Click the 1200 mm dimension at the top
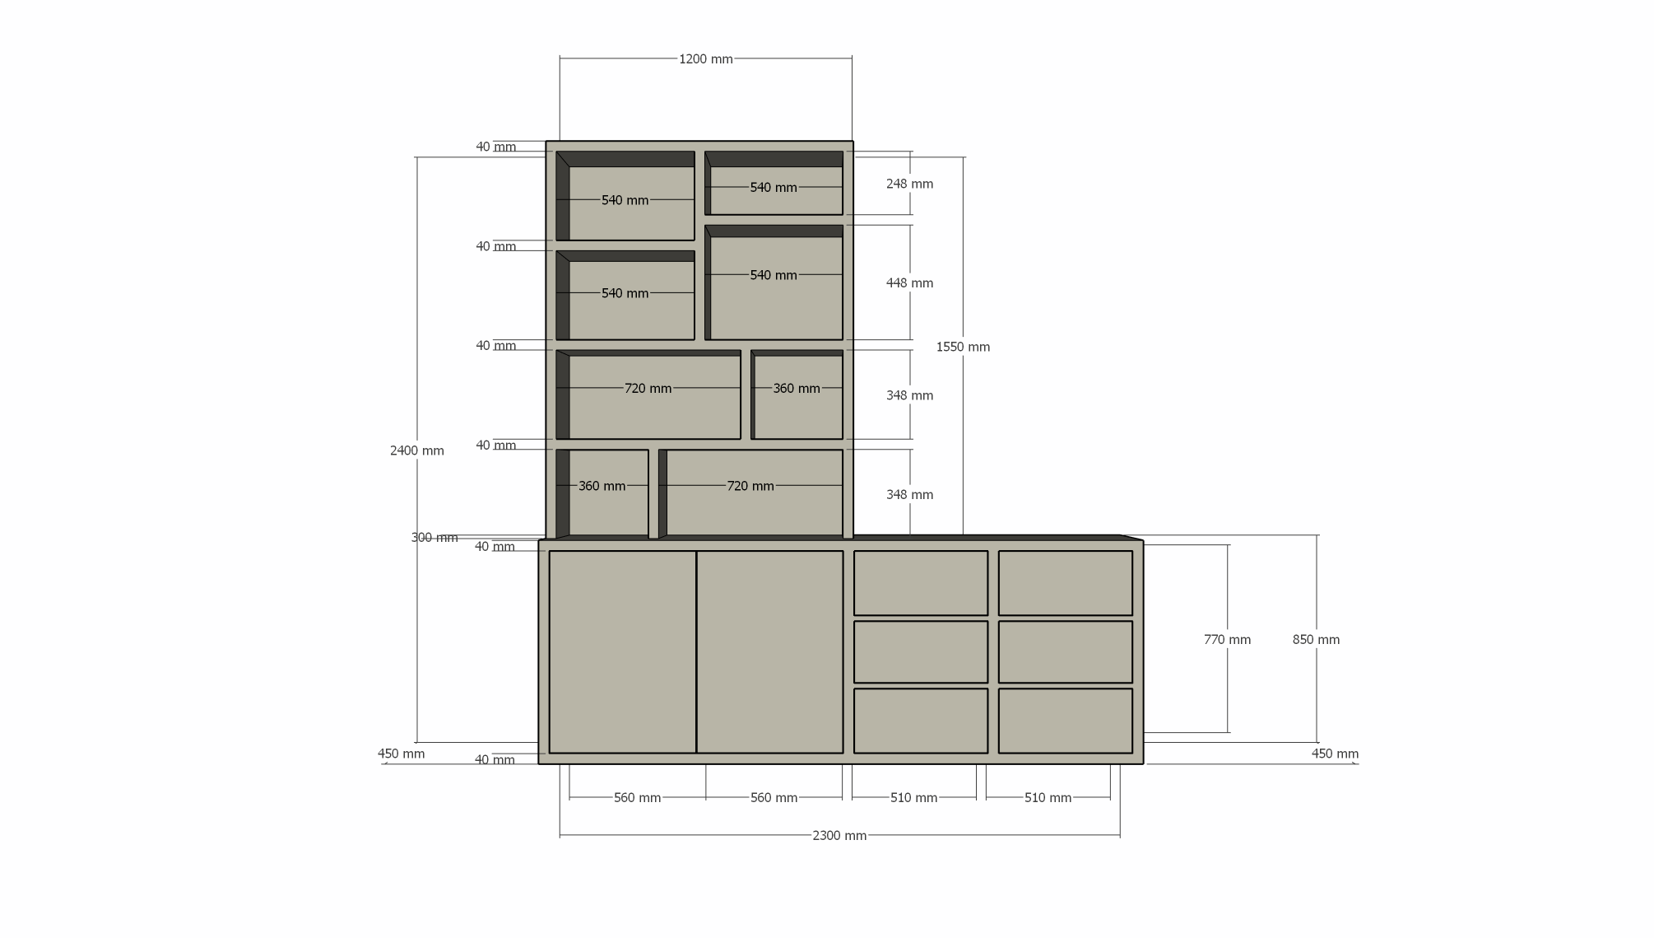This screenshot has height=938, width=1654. coord(705,59)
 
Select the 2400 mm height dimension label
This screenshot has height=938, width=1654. coord(416,450)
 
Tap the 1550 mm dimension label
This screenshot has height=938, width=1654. coord(963,347)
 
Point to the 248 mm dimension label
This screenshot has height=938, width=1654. coord(909,184)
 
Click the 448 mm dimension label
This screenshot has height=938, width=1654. coord(909,283)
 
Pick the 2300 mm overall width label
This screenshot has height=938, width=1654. coord(839,836)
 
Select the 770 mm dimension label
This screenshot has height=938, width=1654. coord(1227,640)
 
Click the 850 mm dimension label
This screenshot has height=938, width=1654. coord(1316,640)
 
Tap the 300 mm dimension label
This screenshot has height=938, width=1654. coord(434,538)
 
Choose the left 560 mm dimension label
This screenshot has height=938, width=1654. coord(637,798)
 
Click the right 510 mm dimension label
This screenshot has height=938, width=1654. coord(1048,798)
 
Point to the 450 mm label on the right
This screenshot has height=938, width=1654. coord(1335,754)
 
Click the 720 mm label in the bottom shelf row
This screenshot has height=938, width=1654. coord(750,486)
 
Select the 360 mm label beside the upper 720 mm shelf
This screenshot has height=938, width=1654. coord(796,389)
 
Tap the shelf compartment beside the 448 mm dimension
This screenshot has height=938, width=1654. coord(774,282)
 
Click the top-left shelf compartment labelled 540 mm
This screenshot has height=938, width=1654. coord(625,196)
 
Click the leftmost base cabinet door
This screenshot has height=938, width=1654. coord(622,651)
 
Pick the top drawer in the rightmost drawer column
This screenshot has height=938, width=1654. coord(1065,583)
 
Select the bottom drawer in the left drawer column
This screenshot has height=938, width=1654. coord(920,721)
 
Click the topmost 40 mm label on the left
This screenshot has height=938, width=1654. coord(495,147)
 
